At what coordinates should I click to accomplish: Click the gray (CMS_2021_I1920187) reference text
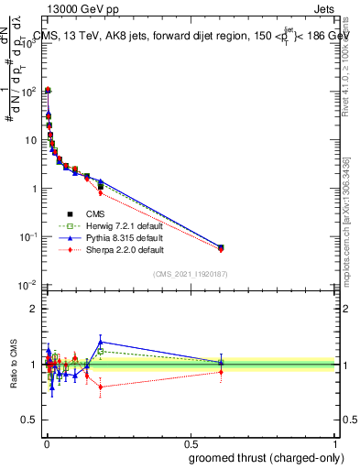click(x=191, y=273)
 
